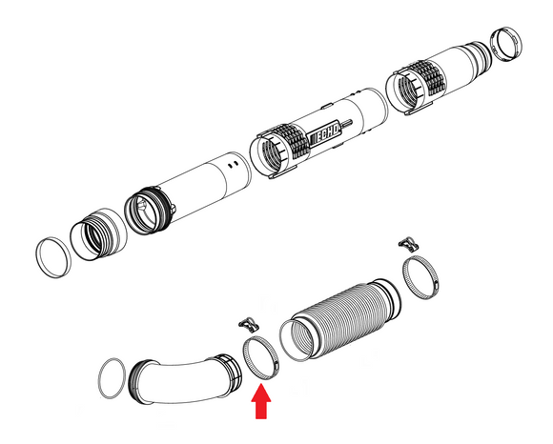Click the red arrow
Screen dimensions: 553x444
click(x=261, y=402)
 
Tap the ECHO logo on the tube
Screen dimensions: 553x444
click(x=325, y=132)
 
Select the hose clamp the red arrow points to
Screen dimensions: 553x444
click(x=261, y=357)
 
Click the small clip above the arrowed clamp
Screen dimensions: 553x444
click(x=250, y=324)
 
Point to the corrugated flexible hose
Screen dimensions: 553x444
click(x=340, y=319)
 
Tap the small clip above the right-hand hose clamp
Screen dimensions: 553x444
click(x=409, y=244)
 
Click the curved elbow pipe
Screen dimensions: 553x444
click(x=185, y=380)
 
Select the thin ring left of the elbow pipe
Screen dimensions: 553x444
click(x=113, y=378)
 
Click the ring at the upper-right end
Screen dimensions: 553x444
click(x=507, y=45)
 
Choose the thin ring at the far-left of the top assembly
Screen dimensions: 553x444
click(x=53, y=257)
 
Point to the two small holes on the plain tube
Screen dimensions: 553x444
click(x=234, y=164)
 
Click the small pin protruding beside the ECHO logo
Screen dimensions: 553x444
click(x=346, y=123)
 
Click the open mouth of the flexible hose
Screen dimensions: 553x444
click(x=297, y=340)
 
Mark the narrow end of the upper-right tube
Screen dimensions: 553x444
click(x=480, y=54)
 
